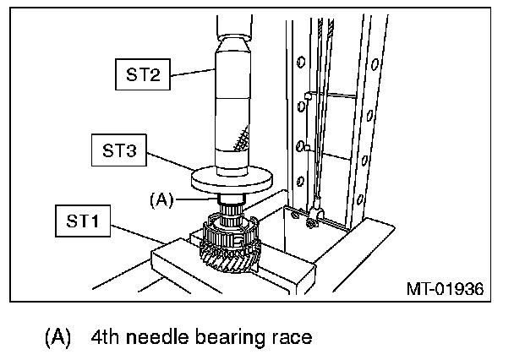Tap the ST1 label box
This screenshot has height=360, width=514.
83,222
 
